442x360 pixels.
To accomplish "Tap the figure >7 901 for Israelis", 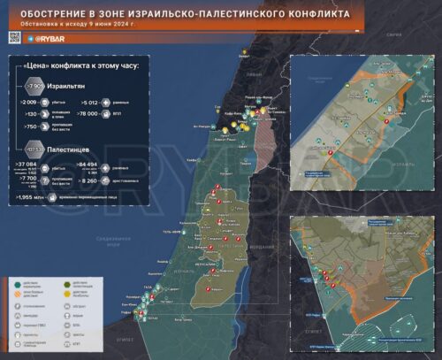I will (x=33, y=86).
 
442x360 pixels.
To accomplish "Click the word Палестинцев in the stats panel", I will (x=71, y=148).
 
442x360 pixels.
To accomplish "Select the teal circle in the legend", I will (x=19, y=283).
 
